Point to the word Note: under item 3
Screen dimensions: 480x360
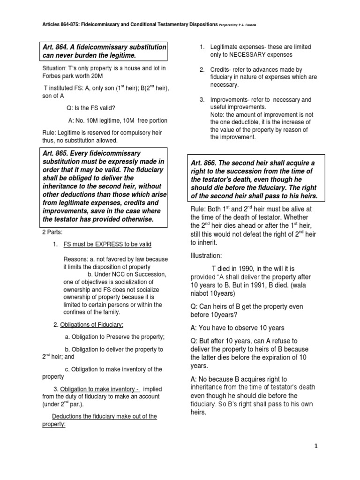[x=217, y=115]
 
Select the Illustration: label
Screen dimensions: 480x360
[x=206, y=256]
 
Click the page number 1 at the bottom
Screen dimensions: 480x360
[x=316, y=446]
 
